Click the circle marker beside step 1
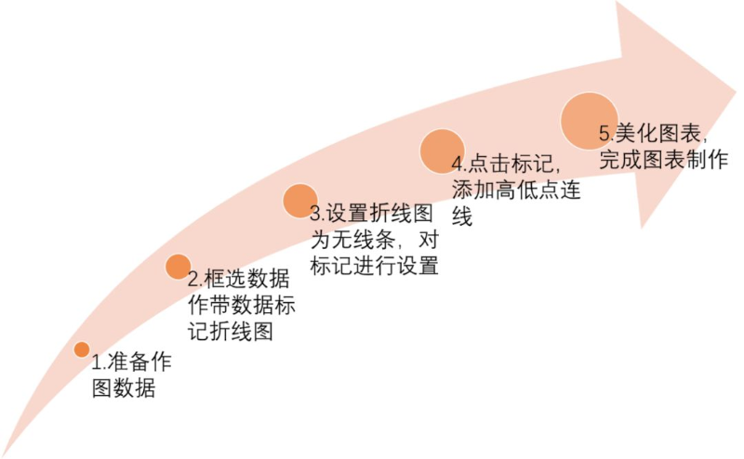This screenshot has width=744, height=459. tap(82, 349)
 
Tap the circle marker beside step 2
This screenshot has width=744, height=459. tap(178, 267)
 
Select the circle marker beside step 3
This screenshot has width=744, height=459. tap(299, 201)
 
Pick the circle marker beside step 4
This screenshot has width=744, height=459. tap(442, 151)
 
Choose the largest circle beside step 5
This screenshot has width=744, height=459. tap(589, 121)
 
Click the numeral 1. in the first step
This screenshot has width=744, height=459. tap(99, 362)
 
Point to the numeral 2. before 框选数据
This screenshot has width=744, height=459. tap(195, 280)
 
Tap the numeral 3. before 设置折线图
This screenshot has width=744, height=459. tap(317, 214)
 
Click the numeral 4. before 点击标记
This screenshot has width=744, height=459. tap(458, 164)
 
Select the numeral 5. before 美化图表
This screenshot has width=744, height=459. tap(606, 134)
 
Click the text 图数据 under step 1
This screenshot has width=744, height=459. tap(124, 388)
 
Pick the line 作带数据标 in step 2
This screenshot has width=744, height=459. tap(242, 305)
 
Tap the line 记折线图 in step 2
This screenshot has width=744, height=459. tap(231, 331)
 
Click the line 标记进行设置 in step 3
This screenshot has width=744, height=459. tap(375, 265)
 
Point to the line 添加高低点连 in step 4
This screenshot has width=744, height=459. tap(516, 190)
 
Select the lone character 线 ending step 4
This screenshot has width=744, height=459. tap(462, 216)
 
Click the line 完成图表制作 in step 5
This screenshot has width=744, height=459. tap(663, 160)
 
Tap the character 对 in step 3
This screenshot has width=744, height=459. tap(429, 240)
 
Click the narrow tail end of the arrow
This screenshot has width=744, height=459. tap(4, 454)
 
